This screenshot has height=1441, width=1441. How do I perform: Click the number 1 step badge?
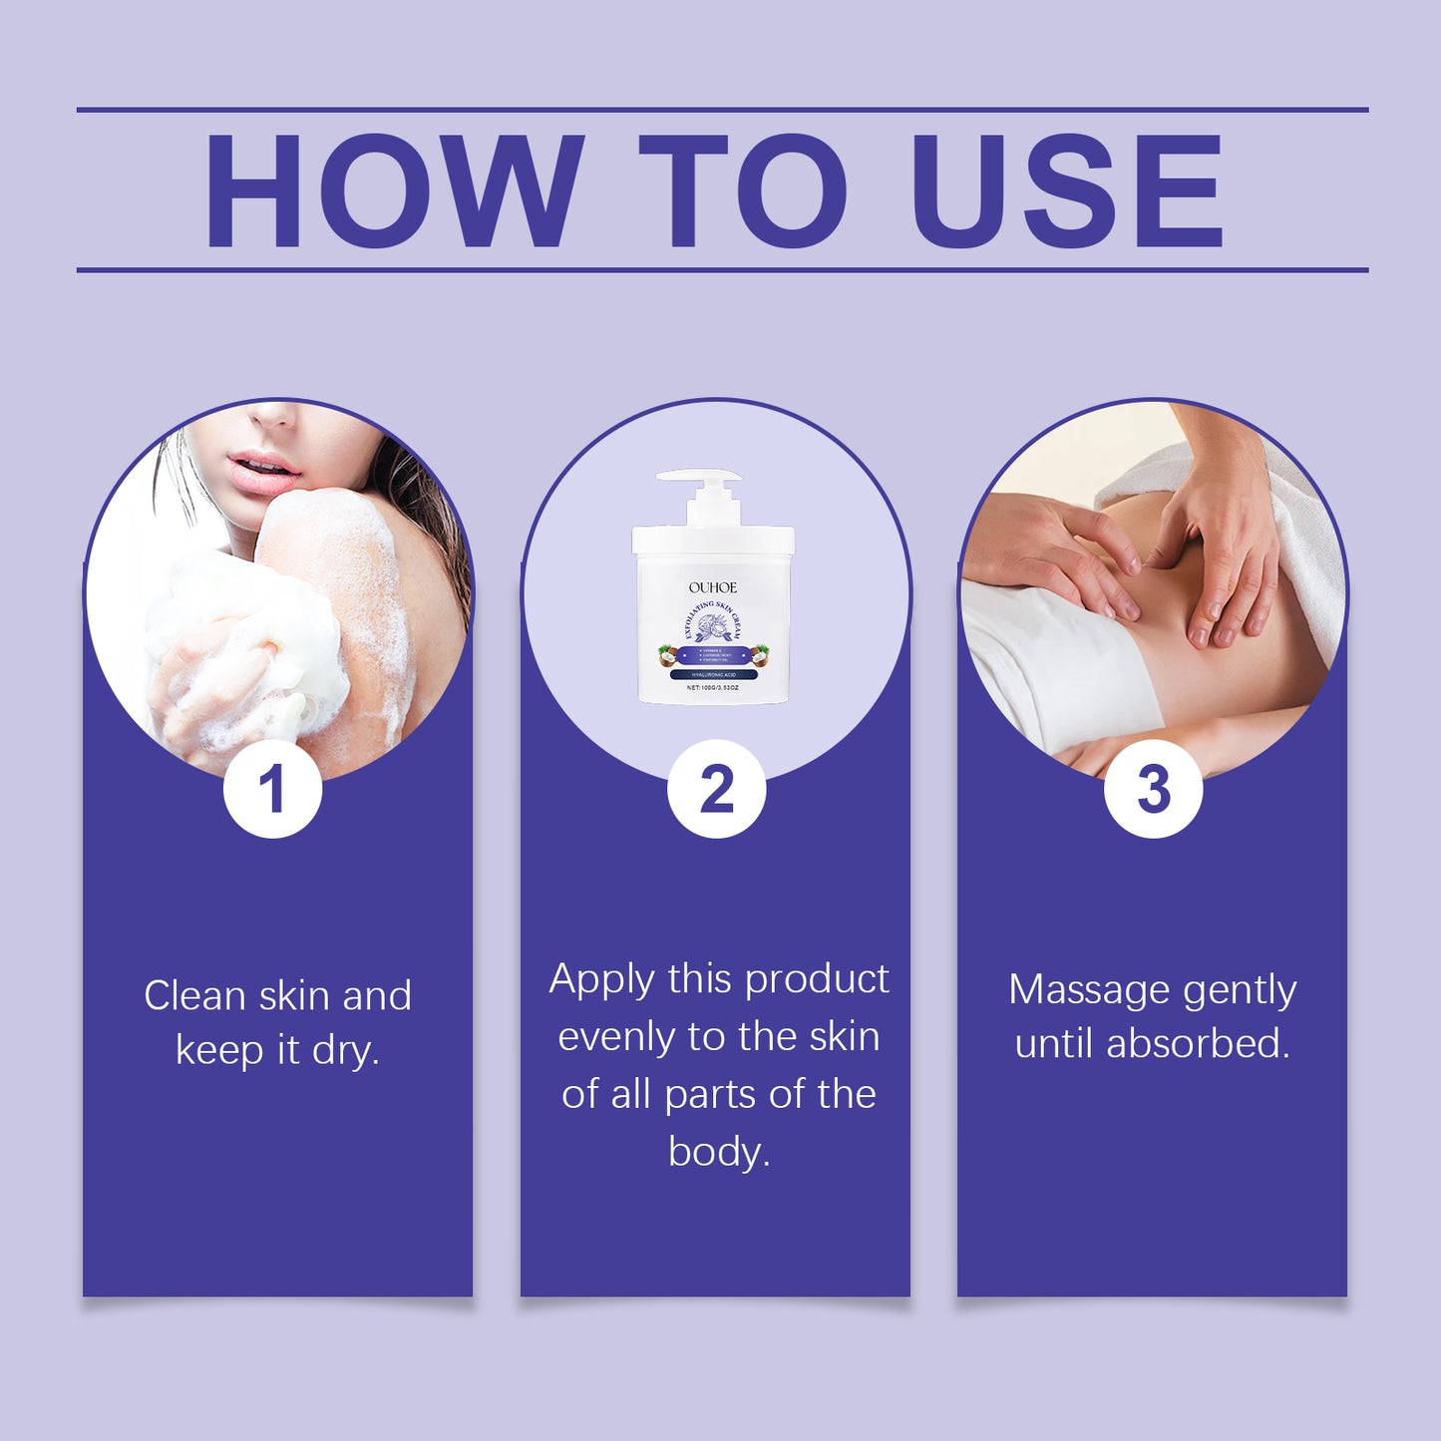click(272, 789)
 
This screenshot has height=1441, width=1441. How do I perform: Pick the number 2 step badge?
click(716, 789)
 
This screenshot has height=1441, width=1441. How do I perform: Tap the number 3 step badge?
click(1153, 789)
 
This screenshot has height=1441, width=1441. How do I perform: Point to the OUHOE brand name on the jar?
click(712, 587)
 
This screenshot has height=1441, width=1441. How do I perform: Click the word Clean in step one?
click(194, 995)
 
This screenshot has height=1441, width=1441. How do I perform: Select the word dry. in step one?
click(345, 1050)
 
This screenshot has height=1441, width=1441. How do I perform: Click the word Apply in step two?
click(601, 980)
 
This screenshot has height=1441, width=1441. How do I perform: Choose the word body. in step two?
click(719, 1152)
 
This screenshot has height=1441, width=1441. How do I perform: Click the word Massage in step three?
click(1089, 990)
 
